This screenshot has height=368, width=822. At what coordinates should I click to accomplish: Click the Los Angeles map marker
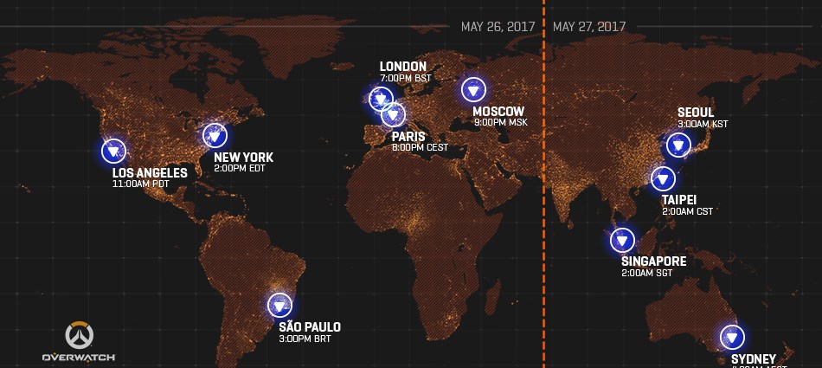click(112, 152)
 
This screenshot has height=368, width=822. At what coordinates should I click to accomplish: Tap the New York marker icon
click(214, 134)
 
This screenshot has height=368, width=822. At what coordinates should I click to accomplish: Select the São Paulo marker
click(279, 305)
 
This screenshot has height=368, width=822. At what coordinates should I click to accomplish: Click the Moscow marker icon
click(473, 90)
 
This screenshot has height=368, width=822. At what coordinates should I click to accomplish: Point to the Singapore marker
click(622, 240)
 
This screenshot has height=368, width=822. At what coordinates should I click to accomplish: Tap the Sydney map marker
click(732, 337)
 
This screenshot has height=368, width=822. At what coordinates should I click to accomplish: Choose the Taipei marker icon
click(664, 179)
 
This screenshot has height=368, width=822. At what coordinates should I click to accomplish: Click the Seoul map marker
click(677, 145)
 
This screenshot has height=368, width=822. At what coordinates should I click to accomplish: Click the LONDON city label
click(403, 67)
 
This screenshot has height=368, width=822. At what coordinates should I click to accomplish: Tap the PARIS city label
click(408, 136)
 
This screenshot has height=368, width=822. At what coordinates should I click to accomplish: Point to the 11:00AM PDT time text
click(144, 184)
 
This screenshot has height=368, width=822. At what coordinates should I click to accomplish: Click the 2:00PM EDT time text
click(238, 169)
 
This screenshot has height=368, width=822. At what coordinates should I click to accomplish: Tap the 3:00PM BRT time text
click(305, 339)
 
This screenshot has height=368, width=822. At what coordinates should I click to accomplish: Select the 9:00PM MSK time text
click(500, 122)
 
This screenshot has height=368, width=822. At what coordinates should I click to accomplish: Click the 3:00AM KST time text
click(703, 124)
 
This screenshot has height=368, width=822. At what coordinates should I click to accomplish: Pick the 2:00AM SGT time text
click(646, 273)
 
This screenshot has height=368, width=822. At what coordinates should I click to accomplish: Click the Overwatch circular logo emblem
click(79, 335)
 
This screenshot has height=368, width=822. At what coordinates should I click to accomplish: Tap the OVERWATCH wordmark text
click(79, 357)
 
